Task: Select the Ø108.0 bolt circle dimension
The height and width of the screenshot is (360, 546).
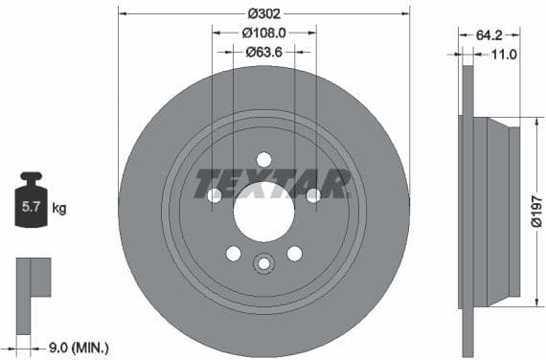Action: tap(264, 34)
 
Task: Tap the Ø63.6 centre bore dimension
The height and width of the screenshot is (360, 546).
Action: tap(263, 53)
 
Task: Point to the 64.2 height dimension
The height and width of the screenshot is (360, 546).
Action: tap(489, 34)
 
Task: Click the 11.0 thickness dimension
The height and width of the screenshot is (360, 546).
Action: tap(504, 55)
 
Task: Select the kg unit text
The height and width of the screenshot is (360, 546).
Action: tap(59, 207)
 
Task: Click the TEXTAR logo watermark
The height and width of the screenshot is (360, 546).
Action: tap(272, 182)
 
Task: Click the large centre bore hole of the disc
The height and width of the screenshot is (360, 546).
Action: tap(263, 210)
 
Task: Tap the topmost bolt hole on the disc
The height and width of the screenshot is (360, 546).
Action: tap(263, 159)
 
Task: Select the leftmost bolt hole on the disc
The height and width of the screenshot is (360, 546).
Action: tap(215, 195)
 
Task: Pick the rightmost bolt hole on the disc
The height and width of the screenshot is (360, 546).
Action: tap(312, 195)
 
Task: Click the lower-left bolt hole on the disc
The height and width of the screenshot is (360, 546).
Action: tap(233, 253)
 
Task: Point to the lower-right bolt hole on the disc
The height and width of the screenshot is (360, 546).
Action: tap(294, 253)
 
